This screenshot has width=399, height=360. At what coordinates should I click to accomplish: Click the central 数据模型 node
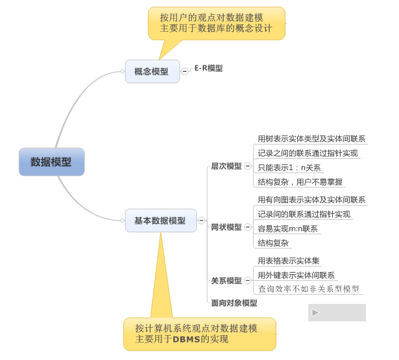pyautogui.click(x=51, y=162)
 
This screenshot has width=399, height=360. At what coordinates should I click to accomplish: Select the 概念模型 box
pyautogui.click(x=151, y=72)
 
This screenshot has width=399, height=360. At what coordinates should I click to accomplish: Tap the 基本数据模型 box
pyautogui.click(x=160, y=220)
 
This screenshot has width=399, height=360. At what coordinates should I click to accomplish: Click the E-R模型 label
pyautogui.click(x=208, y=69)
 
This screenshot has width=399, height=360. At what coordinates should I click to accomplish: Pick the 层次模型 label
pyautogui.click(x=226, y=166)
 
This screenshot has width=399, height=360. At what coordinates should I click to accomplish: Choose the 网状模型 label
pyautogui.click(x=226, y=227)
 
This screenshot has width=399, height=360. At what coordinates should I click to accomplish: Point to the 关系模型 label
pyautogui.click(x=226, y=281)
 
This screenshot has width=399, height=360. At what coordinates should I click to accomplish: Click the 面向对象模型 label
pyautogui.click(x=234, y=303)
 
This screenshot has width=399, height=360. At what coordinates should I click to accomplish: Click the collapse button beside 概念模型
pyautogui.click(x=185, y=72)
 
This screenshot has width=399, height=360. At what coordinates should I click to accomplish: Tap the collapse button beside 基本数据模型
pyautogui.click(x=201, y=220)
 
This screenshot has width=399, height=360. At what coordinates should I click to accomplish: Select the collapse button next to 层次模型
pyautogui.click(x=248, y=166)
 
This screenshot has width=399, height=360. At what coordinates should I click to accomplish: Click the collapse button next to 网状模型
pyautogui.click(x=248, y=227)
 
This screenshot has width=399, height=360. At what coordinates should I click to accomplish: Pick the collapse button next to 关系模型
pyautogui.click(x=248, y=281)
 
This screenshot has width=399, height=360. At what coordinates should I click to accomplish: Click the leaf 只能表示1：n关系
pyautogui.click(x=289, y=168)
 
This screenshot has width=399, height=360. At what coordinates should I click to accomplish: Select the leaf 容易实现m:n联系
pyautogui.click(x=287, y=229)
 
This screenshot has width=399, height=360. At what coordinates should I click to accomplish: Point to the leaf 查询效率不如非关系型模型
pyautogui.click(x=309, y=289)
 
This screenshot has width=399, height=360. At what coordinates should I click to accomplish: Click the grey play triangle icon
pyautogui.click(x=315, y=313)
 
